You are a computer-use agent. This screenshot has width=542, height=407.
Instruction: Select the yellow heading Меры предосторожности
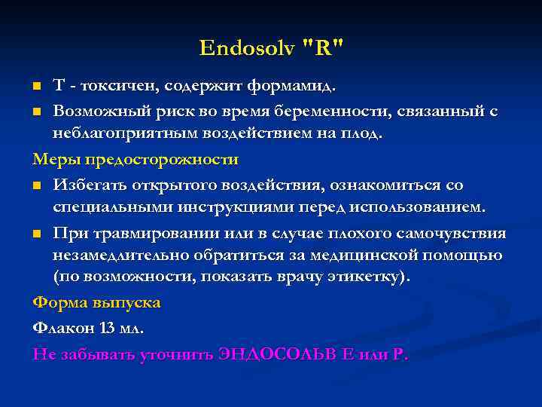point(135,160)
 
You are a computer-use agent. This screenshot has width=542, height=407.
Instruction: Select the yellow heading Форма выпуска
point(96,302)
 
